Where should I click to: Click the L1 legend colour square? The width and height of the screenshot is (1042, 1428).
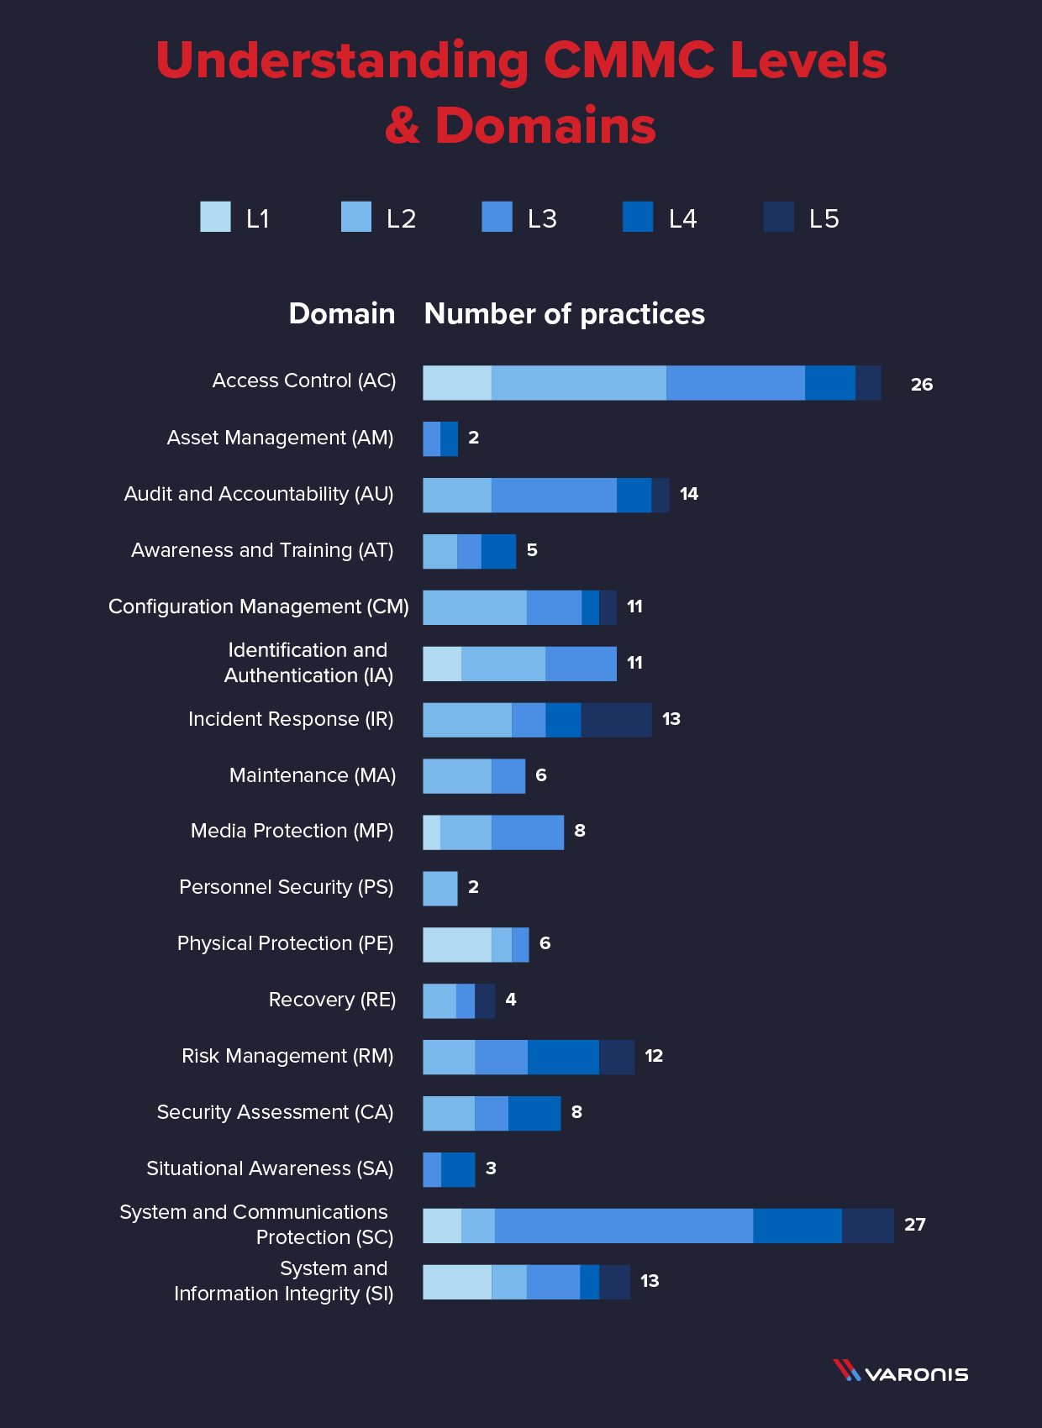coord(215,217)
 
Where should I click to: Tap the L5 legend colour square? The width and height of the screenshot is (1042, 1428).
coord(778,217)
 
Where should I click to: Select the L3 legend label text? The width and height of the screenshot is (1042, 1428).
coord(542,219)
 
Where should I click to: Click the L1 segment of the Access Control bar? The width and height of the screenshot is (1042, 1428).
coord(456,383)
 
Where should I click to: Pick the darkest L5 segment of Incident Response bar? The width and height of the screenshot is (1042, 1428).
coord(616,720)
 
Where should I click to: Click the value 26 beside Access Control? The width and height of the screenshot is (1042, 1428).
coord(921,385)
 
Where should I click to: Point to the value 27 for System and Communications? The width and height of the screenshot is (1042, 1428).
coord(914,1225)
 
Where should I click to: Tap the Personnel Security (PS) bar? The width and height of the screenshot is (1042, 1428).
coord(439,889)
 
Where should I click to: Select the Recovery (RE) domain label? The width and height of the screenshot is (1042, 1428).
coord(332,1000)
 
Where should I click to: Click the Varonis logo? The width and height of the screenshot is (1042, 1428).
coord(900,1373)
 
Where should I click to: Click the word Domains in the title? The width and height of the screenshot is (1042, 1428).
coord(545,126)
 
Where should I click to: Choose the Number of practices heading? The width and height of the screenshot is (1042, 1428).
coord(564,314)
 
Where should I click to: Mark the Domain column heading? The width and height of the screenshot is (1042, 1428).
coord(341,314)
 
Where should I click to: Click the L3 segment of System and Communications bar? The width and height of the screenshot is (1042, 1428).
coord(624,1226)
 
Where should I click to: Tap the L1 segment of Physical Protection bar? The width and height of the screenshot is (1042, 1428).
coord(456,945)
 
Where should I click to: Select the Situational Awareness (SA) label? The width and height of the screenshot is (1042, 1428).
coord(270,1168)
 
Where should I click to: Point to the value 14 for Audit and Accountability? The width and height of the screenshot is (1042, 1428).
coord(689,494)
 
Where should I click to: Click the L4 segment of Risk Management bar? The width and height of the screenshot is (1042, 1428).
coord(563,1057)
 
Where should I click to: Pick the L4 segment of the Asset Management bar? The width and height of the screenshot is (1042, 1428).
coord(449,439)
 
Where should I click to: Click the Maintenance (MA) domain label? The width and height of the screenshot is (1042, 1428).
coord(312,775)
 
